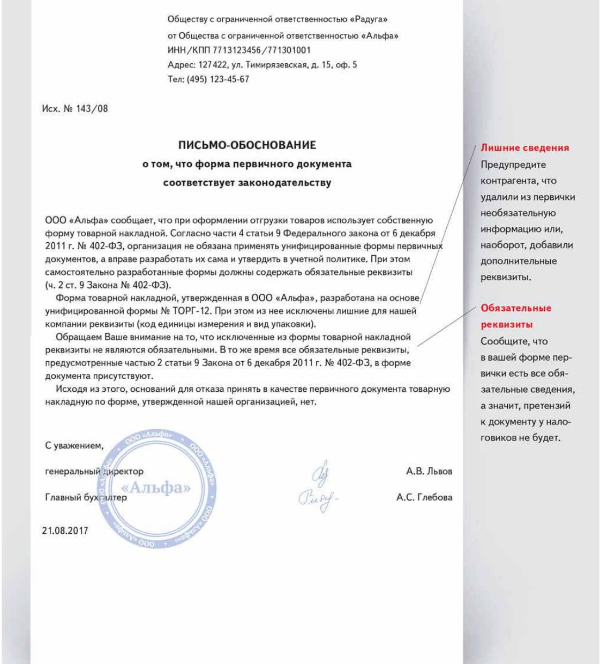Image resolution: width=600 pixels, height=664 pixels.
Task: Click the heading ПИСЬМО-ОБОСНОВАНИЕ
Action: coord(247,145)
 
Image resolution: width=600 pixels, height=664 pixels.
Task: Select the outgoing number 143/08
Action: coord(92,109)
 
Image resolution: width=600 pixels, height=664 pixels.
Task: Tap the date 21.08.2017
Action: coord(65,531)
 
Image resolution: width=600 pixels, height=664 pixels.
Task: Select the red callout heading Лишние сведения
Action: coord(524,148)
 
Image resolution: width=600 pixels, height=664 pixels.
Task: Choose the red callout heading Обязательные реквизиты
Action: coord(515,316)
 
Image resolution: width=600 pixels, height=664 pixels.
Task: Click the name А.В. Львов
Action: coord(429,472)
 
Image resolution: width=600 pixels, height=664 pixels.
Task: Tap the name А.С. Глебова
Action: coord(424,497)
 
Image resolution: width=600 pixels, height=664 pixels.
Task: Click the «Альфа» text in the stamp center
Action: coord(156,488)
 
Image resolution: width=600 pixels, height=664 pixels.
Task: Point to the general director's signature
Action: coord(320,474)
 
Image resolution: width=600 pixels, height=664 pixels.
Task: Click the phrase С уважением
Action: coord(74,446)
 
